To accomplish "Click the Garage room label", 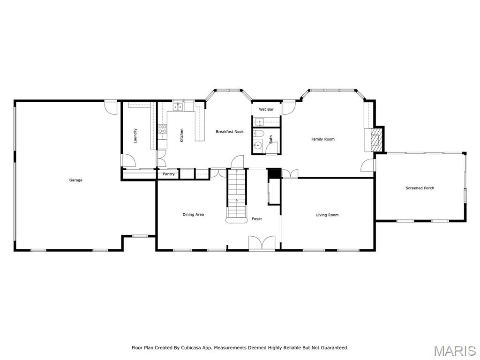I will click(76, 180).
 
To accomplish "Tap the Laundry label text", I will click(135, 135).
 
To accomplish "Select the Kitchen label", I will click(181, 135).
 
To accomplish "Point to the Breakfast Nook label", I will click(230, 132).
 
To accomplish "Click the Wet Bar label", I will click(266, 109).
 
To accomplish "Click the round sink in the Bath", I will click(257, 146).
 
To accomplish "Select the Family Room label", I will click(323, 139).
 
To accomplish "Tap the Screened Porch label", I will click(420, 188).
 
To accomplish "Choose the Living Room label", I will click(327, 215).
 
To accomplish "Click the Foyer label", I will click(257, 219).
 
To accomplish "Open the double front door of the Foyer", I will click(262, 243).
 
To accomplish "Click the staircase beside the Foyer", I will click(237, 195).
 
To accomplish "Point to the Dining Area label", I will click(193, 214).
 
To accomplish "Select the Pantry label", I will click(169, 174).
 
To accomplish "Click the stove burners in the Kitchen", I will click(163, 129).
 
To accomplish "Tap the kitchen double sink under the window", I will click(178, 107).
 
